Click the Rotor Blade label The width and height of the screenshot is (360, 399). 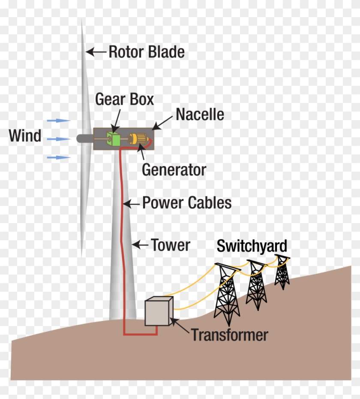[146, 52]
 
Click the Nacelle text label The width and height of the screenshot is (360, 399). [200, 115]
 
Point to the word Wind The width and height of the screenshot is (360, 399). [25, 136]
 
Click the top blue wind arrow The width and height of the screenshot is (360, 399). [59, 121]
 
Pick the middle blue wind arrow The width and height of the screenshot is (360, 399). [59, 139]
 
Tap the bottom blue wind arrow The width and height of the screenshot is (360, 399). [59, 157]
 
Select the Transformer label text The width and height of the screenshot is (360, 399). [230, 335]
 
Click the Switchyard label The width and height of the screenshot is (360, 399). [252, 246]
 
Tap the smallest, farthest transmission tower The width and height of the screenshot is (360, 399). [282, 272]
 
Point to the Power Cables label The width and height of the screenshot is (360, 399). [186, 203]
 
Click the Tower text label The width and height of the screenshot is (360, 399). [170, 245]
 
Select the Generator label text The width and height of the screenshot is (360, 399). [174, 170]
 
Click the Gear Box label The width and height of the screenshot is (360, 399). [124, 99]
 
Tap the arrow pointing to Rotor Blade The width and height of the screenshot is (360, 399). [96, 52]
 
